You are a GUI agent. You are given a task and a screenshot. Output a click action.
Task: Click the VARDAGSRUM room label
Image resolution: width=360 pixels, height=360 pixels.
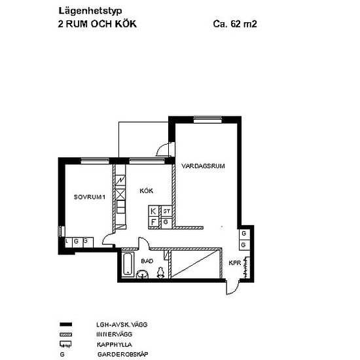click(204, 166)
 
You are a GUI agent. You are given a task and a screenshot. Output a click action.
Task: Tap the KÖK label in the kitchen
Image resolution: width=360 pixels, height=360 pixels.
click(146, 191)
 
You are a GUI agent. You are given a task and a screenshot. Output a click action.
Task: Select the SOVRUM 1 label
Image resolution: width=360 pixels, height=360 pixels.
click(89, 197)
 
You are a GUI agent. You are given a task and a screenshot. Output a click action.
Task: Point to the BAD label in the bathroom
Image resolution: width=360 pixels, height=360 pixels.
click(147, 261)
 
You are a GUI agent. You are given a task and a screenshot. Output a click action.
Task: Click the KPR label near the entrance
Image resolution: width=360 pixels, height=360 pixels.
click(234, 263)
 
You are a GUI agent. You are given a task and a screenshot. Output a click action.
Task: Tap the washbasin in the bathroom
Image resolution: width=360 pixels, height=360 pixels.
click(143, 276)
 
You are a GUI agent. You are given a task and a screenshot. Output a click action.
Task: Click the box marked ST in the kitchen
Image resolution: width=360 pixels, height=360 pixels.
click(167, 211)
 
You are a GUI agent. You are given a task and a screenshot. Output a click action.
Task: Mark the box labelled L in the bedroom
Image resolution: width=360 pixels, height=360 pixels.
click(67, 241)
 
